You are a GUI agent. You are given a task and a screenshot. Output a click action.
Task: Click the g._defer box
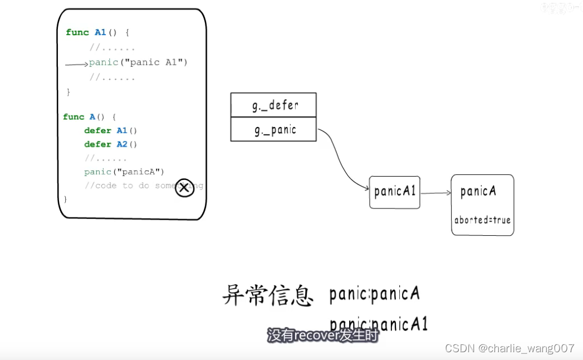273,105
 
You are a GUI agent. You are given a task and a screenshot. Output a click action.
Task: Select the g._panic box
273,130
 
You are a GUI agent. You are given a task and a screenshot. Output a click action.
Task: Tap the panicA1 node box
394,192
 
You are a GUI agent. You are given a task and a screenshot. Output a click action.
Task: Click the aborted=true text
482,220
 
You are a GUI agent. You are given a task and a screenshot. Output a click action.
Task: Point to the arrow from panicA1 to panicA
435,193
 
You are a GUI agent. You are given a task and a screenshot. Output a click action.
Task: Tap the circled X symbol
184,188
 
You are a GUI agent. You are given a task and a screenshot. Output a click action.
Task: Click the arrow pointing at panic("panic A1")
76,65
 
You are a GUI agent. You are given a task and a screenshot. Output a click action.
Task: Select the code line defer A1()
110,130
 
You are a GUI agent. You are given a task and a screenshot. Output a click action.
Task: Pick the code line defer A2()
110,144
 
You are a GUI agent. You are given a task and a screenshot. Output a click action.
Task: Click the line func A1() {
97,32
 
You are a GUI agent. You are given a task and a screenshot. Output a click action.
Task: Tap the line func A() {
89,117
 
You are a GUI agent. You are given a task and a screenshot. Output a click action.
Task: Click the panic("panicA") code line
124,172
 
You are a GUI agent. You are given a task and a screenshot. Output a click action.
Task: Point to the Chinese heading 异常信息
267,295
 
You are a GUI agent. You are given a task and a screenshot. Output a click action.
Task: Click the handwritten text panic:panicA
374,294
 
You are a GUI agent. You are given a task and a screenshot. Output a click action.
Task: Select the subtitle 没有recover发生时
322,336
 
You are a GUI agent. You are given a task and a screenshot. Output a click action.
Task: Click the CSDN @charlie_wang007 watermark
509,349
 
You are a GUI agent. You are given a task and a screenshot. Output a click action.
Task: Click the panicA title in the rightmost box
478,192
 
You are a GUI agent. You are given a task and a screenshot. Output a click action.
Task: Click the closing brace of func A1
68,92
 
